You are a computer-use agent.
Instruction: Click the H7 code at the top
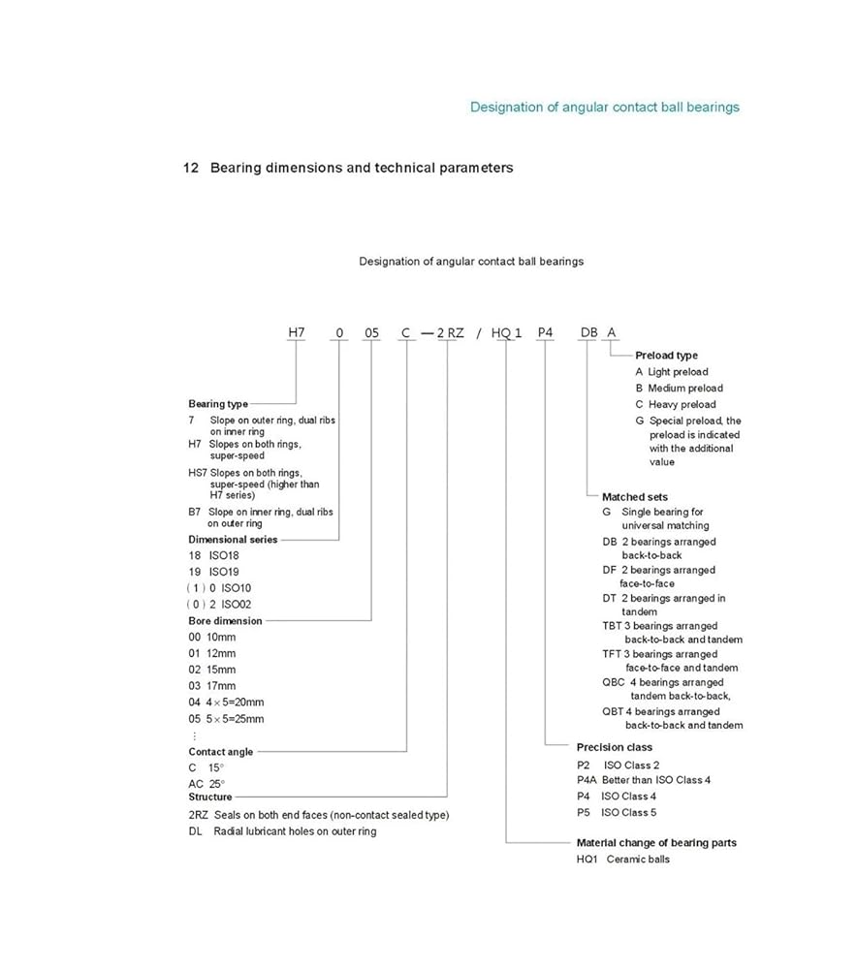pyautogui.click(x=297, y=332)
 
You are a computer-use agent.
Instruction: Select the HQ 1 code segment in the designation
pyautogui.click(x=506, y=332)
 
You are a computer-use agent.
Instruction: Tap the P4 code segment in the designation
pyautogui.click(x=545, y=332)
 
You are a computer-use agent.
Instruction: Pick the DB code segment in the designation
pyautogui.click(x=588, y=332)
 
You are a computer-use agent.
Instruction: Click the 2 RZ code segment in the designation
pyautogui.click(x=450, y=332)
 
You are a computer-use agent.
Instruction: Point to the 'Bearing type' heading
pyautogui.click(x=218, y=404)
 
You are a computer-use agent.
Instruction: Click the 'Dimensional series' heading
pyautogui.click(x=233, y=540)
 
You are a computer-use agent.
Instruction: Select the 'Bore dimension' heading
pyautogui.click(x=225, y=621)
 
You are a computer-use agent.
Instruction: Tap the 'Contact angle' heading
pyautogui.click(x=221, y=752)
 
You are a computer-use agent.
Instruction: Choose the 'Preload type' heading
pyautogui.click(x=666, y=356)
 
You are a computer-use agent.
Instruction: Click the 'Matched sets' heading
pyautogui.click(x=635, y=497)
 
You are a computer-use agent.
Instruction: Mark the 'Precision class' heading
pyautogui.click(x=614, y=747)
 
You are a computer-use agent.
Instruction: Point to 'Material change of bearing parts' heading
pyautogui.click(x=656, y=843)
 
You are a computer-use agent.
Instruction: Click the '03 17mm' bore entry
pyautogui.click(x=212, y=686)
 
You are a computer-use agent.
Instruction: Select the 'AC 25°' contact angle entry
pyautogui.click(x=206, y=784)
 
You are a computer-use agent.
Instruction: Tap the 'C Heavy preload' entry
pyautogui.click(x=676, y=405)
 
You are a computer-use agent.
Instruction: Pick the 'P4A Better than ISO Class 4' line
pyautogui.click(x=644, y=780)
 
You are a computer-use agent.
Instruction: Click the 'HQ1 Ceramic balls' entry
pyautogui.click(x=623, y=860)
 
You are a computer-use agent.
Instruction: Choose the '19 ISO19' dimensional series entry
pyautogui.click(x=213, y=572)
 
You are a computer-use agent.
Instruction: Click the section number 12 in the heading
pyautogui.click(x=191, y=168)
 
